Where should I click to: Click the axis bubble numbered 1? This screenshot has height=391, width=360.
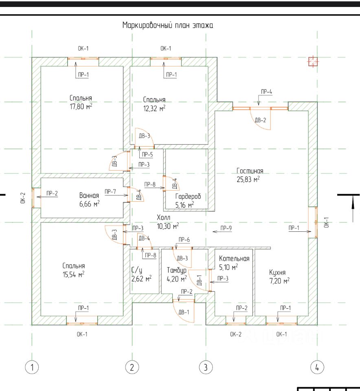point(32,367)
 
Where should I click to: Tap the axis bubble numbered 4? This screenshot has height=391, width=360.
point(317,367)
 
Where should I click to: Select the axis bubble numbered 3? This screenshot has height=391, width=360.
point(206,367)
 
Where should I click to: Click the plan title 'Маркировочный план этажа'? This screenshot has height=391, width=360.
point(167,25)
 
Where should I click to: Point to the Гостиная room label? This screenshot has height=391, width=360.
point(250,171)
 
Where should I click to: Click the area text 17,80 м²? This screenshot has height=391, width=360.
point(81,107)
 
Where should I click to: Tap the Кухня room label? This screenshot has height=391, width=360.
point(277,272)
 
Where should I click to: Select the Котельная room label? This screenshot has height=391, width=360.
point(234,259)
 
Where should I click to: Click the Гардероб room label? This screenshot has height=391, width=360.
point(188,196)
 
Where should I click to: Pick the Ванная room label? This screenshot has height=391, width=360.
point(89,195)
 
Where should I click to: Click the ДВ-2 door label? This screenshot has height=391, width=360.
point(260,120)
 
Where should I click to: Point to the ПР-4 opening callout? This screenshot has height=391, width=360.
point(266,92)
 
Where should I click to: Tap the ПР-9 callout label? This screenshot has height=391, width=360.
point(226,228)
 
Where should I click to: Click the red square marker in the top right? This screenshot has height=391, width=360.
point(313,62)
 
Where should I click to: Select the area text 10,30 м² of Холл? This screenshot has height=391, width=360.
point(168,226)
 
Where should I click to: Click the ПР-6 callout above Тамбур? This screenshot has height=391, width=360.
point(184,239)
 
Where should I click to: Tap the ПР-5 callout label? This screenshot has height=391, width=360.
point(147,154)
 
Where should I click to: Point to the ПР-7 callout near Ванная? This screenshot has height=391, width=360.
point(110,191)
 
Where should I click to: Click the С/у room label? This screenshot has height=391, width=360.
point(136,270)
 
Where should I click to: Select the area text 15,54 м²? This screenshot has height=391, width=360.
point(74,275)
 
